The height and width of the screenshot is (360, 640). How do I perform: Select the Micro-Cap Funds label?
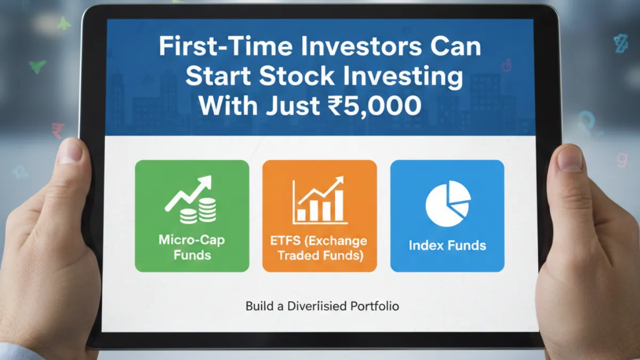pos(191,247)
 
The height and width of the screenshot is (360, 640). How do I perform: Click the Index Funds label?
pos(447,246)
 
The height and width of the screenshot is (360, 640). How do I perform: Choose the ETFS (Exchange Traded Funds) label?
pos(319,248)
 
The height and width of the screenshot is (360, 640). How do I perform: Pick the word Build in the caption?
pos(259,307)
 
